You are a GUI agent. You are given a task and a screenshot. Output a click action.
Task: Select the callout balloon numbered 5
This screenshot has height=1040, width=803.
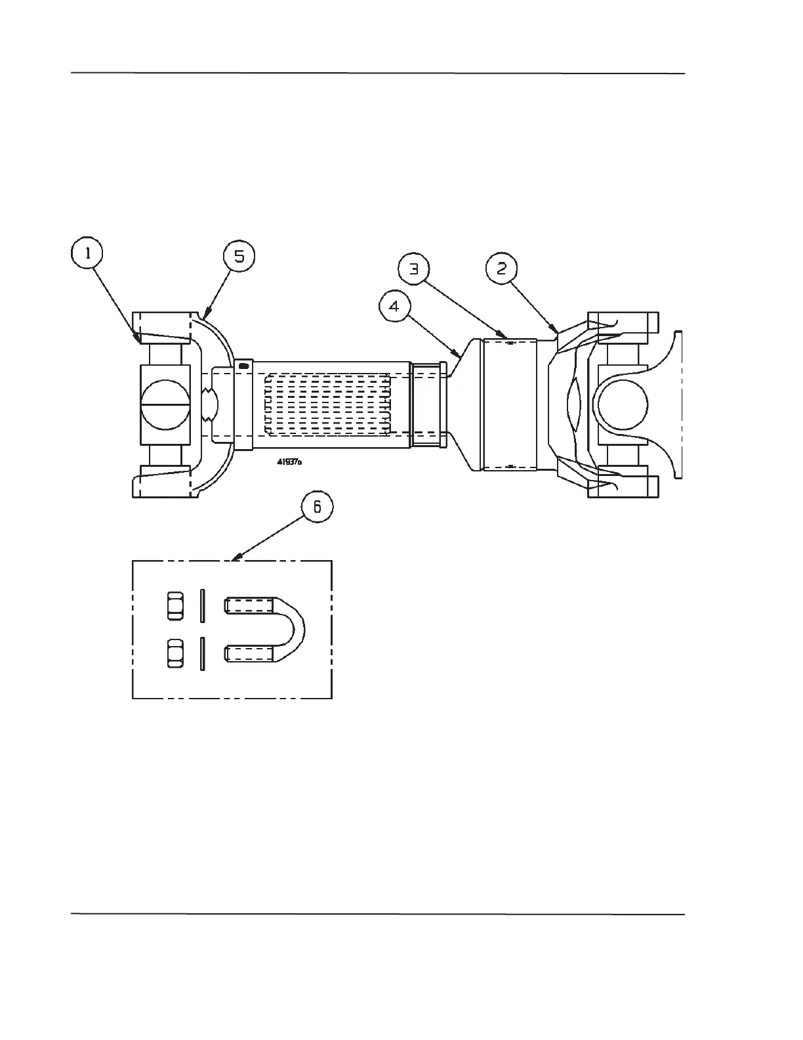239,256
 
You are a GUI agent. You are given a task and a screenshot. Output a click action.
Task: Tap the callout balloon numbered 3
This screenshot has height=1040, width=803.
415,270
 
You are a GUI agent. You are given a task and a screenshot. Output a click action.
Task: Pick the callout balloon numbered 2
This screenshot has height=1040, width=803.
501,267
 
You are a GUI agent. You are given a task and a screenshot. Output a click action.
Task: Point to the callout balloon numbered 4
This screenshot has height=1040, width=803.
395,307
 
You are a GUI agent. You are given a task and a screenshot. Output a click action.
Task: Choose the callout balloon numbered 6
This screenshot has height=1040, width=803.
317,506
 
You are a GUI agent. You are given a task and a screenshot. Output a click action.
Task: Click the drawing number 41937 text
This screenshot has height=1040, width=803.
289,462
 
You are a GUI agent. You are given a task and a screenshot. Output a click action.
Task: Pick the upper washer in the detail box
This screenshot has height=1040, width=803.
203,605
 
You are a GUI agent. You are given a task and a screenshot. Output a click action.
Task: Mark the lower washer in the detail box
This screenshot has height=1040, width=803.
203,653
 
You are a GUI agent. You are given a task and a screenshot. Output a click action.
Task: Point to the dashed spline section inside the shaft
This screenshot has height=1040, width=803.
328,404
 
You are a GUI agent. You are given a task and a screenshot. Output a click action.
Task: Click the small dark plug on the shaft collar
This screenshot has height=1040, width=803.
243,365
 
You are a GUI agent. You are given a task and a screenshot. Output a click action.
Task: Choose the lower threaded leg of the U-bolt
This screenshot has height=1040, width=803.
249,653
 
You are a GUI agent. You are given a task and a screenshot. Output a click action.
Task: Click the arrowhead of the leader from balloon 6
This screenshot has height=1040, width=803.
236,560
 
